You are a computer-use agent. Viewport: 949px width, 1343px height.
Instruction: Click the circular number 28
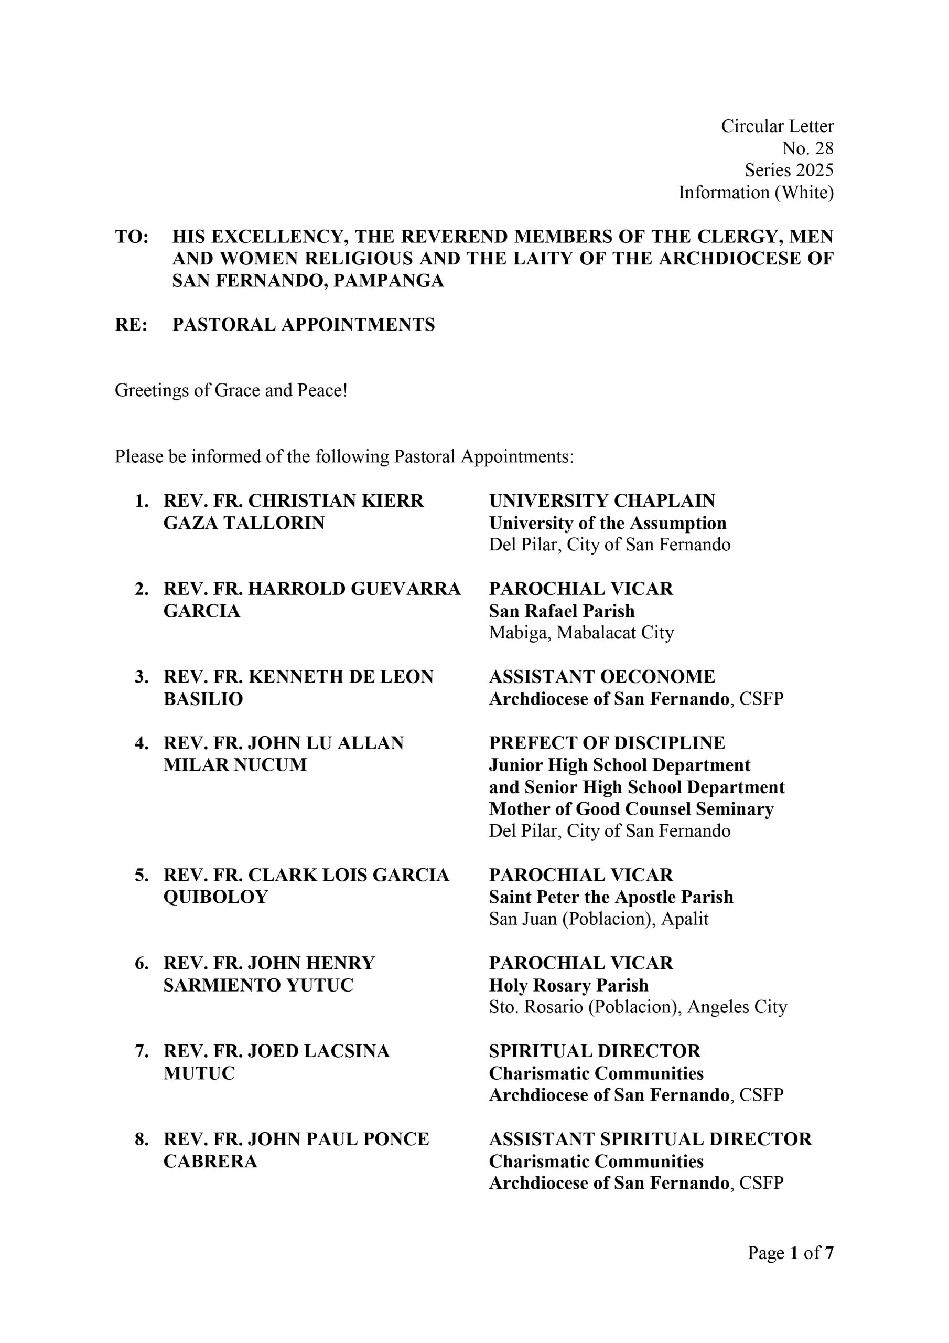823,148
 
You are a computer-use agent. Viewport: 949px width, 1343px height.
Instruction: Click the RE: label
131,325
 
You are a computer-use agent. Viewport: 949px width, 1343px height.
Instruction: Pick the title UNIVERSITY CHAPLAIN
602,500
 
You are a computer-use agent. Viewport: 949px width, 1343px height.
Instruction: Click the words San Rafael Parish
562,611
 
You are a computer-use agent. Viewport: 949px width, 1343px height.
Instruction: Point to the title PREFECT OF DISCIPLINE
606,743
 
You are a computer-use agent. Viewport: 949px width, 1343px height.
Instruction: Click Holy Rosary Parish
568,985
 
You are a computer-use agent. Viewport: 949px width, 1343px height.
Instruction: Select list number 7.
141,1051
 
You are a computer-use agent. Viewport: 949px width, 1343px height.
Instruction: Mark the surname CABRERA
210,1161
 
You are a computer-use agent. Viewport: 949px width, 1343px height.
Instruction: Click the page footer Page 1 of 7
790,1252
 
